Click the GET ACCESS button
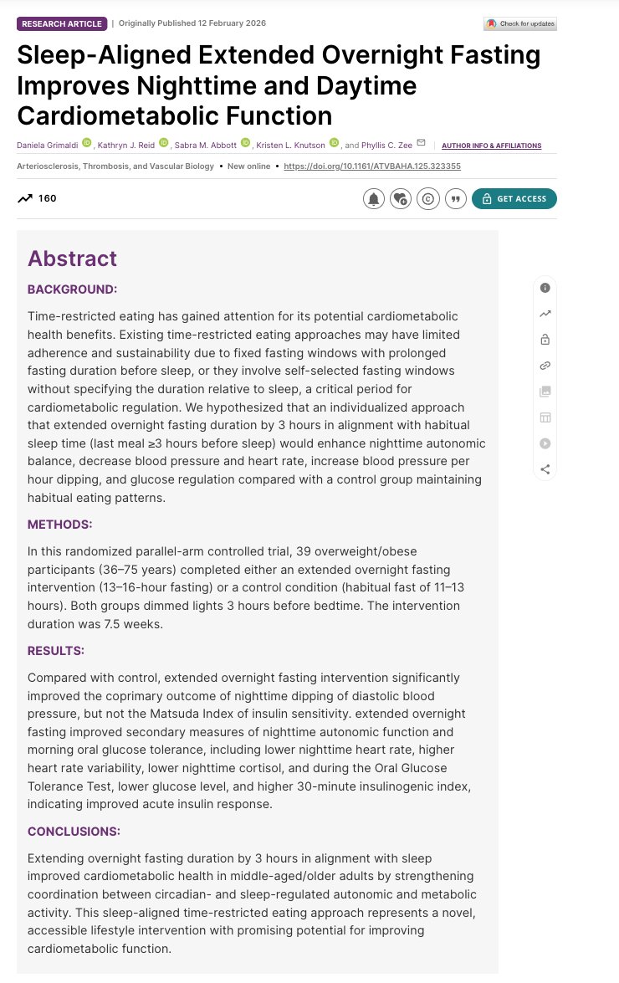click(x=514, y=199)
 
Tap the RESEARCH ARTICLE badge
click(x=61, y=23)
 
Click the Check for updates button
click(x=519, y=23)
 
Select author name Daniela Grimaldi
click(x=47, y=146)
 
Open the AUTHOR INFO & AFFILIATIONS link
click(x=491, y=146)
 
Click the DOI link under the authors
click(x=372, y=166)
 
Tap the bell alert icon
click(x=373, y=199)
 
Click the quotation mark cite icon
click(x=455, y=199)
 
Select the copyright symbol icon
click(x=427, y=199)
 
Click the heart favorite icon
click(x=401, y=199)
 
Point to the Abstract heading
click(x=72, y=259)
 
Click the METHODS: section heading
click(x=60, y=525)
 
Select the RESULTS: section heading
click(x=56, y=650)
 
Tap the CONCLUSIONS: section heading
click(x=74, y=832)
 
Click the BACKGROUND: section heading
click(x=72, y=289)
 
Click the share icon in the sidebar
click(x=545, y=469)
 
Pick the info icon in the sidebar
click(x=545, y=288)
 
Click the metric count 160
click(x=47, y=199)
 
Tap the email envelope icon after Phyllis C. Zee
click(x=421, y=143)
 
